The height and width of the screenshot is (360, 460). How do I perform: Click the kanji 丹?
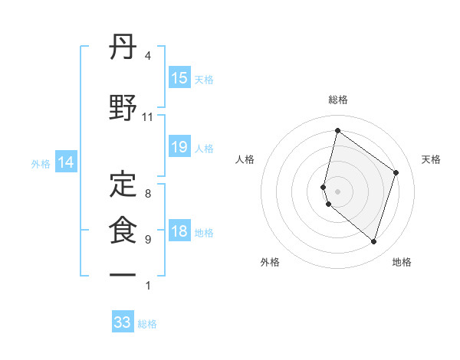[123, 48]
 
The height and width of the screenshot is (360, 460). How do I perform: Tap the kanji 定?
[123, 184]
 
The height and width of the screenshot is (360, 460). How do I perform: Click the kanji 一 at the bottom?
[123, 275]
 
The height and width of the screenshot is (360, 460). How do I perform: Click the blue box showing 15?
[179, 78]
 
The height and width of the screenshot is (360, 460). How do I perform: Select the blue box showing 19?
[179, 147]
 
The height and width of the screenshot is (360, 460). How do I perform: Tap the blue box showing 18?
[179, 232]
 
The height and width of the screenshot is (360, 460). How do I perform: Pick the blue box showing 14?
[66, 162]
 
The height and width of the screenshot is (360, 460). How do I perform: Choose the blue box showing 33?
[123, 322]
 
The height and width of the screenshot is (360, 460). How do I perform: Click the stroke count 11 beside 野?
[147, 117]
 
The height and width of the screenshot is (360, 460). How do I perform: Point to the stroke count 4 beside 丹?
[147, 56]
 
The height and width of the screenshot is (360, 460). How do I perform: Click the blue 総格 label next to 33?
[148, 324]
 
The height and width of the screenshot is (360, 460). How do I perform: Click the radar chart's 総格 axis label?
[337, 100]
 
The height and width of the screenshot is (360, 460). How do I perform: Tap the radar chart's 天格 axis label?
[432, 159]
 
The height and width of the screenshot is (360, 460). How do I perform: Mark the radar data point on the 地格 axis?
[373, 242]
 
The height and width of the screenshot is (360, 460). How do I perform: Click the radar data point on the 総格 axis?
[337, 131]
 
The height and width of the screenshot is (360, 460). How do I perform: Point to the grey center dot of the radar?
[337, 191]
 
